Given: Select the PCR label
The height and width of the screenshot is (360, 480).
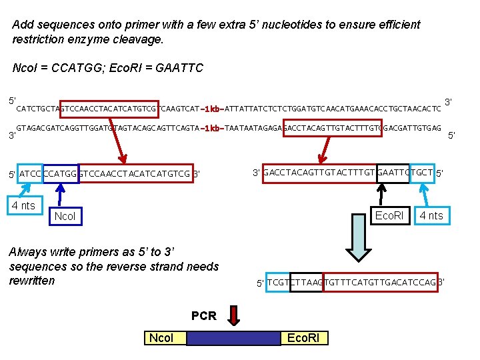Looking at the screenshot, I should click(203, 315).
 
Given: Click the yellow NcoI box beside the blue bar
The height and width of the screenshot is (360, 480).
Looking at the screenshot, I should click(161, 338).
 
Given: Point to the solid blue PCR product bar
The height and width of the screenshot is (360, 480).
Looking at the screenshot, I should click(233, 338).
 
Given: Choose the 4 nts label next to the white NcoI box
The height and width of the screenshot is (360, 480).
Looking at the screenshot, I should click(23, 205).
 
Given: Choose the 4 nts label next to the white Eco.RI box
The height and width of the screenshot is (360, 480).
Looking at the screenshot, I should click(431, 215).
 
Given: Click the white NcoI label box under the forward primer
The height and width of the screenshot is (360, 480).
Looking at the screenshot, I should click(65, 216).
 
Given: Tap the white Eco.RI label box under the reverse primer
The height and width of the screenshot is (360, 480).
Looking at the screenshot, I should click(389, 215).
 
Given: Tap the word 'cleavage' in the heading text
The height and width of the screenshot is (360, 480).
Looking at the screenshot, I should click(138, 39).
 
